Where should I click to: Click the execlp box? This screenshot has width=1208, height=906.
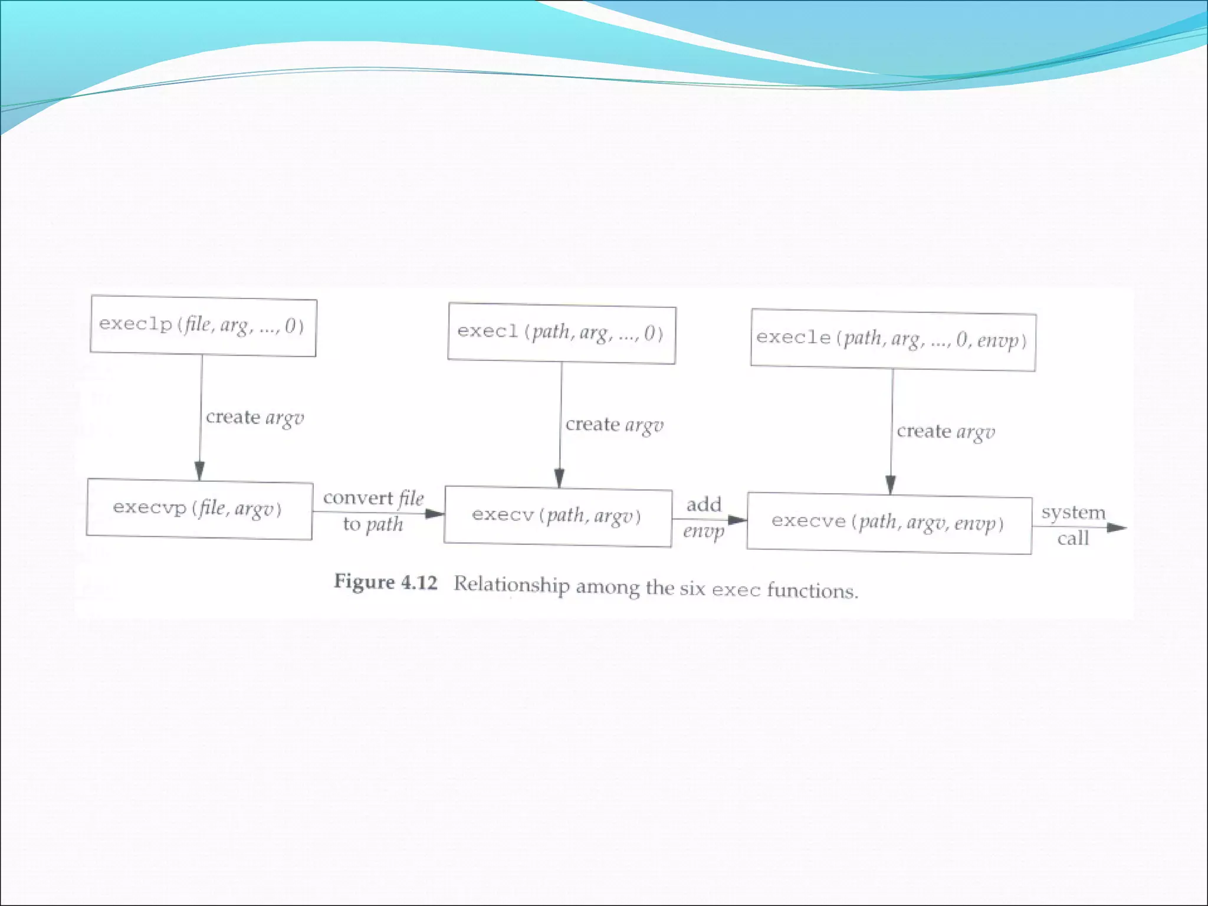(203, 326)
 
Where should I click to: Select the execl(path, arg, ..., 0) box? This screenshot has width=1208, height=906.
(561, 333)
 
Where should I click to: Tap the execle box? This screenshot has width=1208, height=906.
(892, 340)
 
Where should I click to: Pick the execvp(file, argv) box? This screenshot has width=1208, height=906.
(199, 508)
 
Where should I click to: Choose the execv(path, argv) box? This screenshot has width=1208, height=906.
(557, 517)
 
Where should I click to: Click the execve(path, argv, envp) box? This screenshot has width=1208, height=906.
(889, 523)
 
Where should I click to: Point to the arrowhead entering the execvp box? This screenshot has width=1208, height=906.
(199, 471)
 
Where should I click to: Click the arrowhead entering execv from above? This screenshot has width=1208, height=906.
(559, 478)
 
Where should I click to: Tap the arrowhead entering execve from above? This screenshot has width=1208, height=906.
(891, 485)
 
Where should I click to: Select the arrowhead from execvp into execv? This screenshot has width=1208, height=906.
(435, 514)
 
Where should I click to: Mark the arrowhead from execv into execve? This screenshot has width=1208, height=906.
(737, 520)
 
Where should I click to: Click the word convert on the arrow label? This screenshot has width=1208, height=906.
(358, 498)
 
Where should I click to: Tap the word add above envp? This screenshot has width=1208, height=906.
(704, 505)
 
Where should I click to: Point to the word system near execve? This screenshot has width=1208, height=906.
(1073, 512)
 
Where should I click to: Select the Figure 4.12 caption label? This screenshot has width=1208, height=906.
(386, 582)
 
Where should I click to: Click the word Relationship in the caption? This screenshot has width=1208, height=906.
(511, 585)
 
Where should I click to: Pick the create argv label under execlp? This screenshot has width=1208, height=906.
(255, 418)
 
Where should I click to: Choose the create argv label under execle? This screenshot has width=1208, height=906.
(946, 432)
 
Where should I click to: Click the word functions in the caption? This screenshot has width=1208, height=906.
(812, 590)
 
